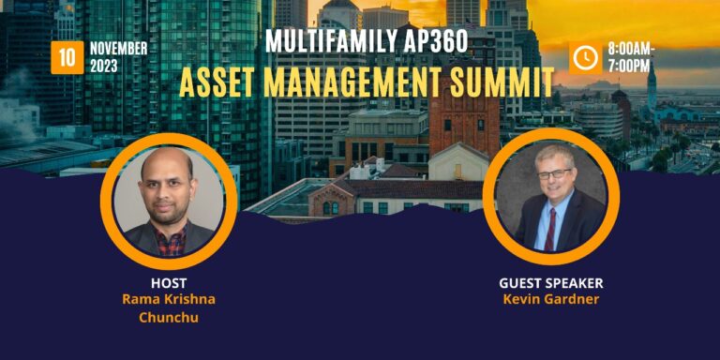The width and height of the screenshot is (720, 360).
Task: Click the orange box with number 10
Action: click(67, 57)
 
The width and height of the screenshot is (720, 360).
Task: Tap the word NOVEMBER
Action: click(118, 48)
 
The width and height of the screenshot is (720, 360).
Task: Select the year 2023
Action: click(104, 66)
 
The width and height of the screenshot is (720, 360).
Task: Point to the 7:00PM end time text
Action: click(630, 66)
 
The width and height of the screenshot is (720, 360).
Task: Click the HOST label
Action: click(169, 282)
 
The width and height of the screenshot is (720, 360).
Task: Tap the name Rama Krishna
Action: click(169, 299)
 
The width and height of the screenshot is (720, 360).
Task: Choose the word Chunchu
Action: click(169, 317)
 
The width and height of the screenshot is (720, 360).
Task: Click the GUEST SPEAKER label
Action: click(550, 282)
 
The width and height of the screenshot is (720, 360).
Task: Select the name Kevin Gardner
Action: click(550, 299)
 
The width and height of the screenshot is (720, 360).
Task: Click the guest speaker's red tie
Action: click(551, 229)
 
